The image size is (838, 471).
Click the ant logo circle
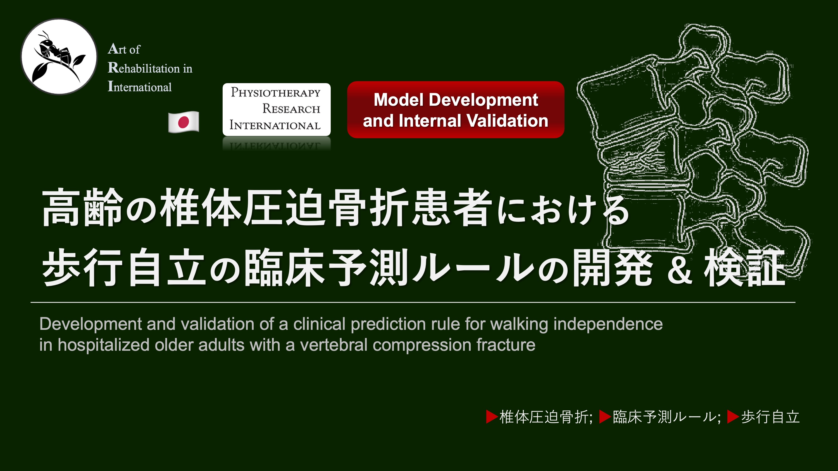click(x=59, y=57)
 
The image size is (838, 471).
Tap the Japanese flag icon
click(x=184, y=122)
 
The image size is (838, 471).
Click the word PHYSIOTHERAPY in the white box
click(x=275, y=93)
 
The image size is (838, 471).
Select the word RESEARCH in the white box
click(x=291, y=109)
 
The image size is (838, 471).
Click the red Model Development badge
click(x=455, y=110)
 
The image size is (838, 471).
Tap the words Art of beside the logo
click(x=124, y=49)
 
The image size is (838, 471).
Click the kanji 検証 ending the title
click(x=745, y=268)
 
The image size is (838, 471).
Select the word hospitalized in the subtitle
click(x=103, y=345)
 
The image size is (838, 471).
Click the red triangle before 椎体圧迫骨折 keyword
click(x=491, y=417)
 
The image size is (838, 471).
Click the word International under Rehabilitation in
click(x=140, y=87)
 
